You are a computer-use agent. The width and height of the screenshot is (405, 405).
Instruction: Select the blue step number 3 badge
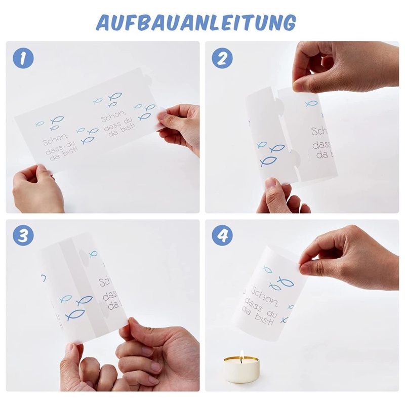click(23, 236)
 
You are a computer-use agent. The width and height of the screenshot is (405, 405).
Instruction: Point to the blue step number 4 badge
click(222, 236)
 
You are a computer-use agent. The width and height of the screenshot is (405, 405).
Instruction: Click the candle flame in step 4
click(241, 355)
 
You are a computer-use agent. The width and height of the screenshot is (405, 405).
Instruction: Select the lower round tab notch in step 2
click(294, 159)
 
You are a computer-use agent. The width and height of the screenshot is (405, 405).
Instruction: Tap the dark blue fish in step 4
click(276, 286)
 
